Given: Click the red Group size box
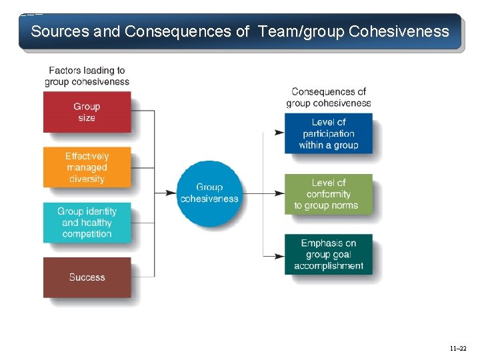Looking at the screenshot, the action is pos(87,112).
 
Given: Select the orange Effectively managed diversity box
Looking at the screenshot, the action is pos(87,167).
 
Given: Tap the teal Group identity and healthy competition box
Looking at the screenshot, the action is pos(87,222).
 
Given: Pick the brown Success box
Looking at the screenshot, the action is pos(87,277).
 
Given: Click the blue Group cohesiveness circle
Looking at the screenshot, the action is pos(209,193).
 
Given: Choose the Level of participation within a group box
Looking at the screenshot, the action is pos(328,133).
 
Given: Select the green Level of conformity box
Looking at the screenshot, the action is pos(328,194).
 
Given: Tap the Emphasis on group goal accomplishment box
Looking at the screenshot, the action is pos(328,254).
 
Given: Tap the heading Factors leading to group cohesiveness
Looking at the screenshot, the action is pos(87,76).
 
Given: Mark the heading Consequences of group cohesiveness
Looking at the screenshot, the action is pos(328,97).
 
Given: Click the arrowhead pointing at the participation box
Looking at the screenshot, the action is pos(280,133).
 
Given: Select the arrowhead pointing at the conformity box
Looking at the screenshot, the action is pos(280,194).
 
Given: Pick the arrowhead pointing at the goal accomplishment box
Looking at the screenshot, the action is pos(280,255).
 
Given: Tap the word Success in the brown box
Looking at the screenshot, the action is pos(87,277).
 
